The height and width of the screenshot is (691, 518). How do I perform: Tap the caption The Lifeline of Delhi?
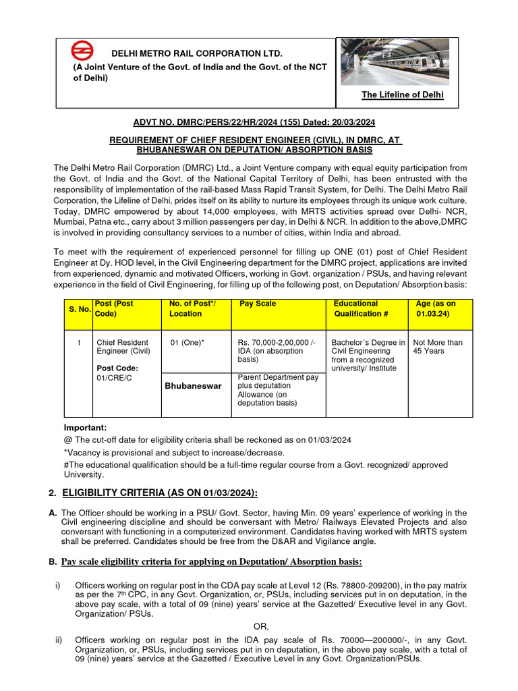click(402, 95)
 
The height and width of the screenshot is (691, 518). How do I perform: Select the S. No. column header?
click(79, 308)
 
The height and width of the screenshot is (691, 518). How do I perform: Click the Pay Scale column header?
click(258, 304)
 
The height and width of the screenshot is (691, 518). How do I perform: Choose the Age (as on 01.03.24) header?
click(436, 308)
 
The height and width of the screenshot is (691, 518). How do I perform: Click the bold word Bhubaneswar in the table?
click(194, 386)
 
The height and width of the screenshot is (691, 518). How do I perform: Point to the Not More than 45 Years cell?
click(438, 347)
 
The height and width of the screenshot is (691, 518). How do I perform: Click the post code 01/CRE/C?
click(114, 378)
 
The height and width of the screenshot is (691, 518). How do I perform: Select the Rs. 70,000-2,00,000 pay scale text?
click(276, 343)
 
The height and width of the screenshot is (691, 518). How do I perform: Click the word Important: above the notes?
click(85, 428)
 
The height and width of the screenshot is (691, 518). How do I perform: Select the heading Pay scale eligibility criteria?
click(211, 562)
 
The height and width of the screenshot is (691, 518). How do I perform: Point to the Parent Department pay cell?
click(277, 390)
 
